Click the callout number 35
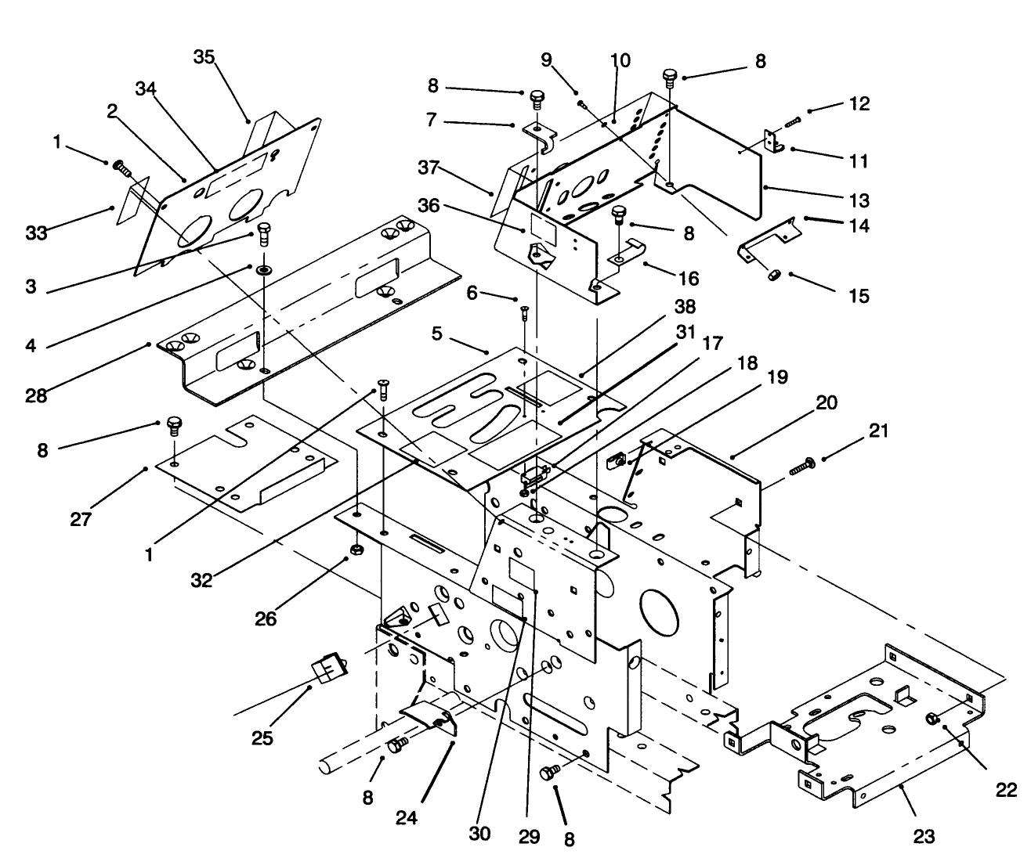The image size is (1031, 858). [204, 57]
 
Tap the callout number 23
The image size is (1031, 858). [924, 837]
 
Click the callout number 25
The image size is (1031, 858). [262, 737]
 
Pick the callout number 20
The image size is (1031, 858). [826, 403]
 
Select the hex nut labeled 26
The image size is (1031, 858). [353, 550]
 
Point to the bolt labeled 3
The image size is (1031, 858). [263, 233]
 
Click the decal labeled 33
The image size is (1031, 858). [128, 204]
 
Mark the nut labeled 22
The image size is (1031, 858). [932, 718]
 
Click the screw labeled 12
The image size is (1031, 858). [790, 121]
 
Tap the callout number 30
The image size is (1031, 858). [479, 834]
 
